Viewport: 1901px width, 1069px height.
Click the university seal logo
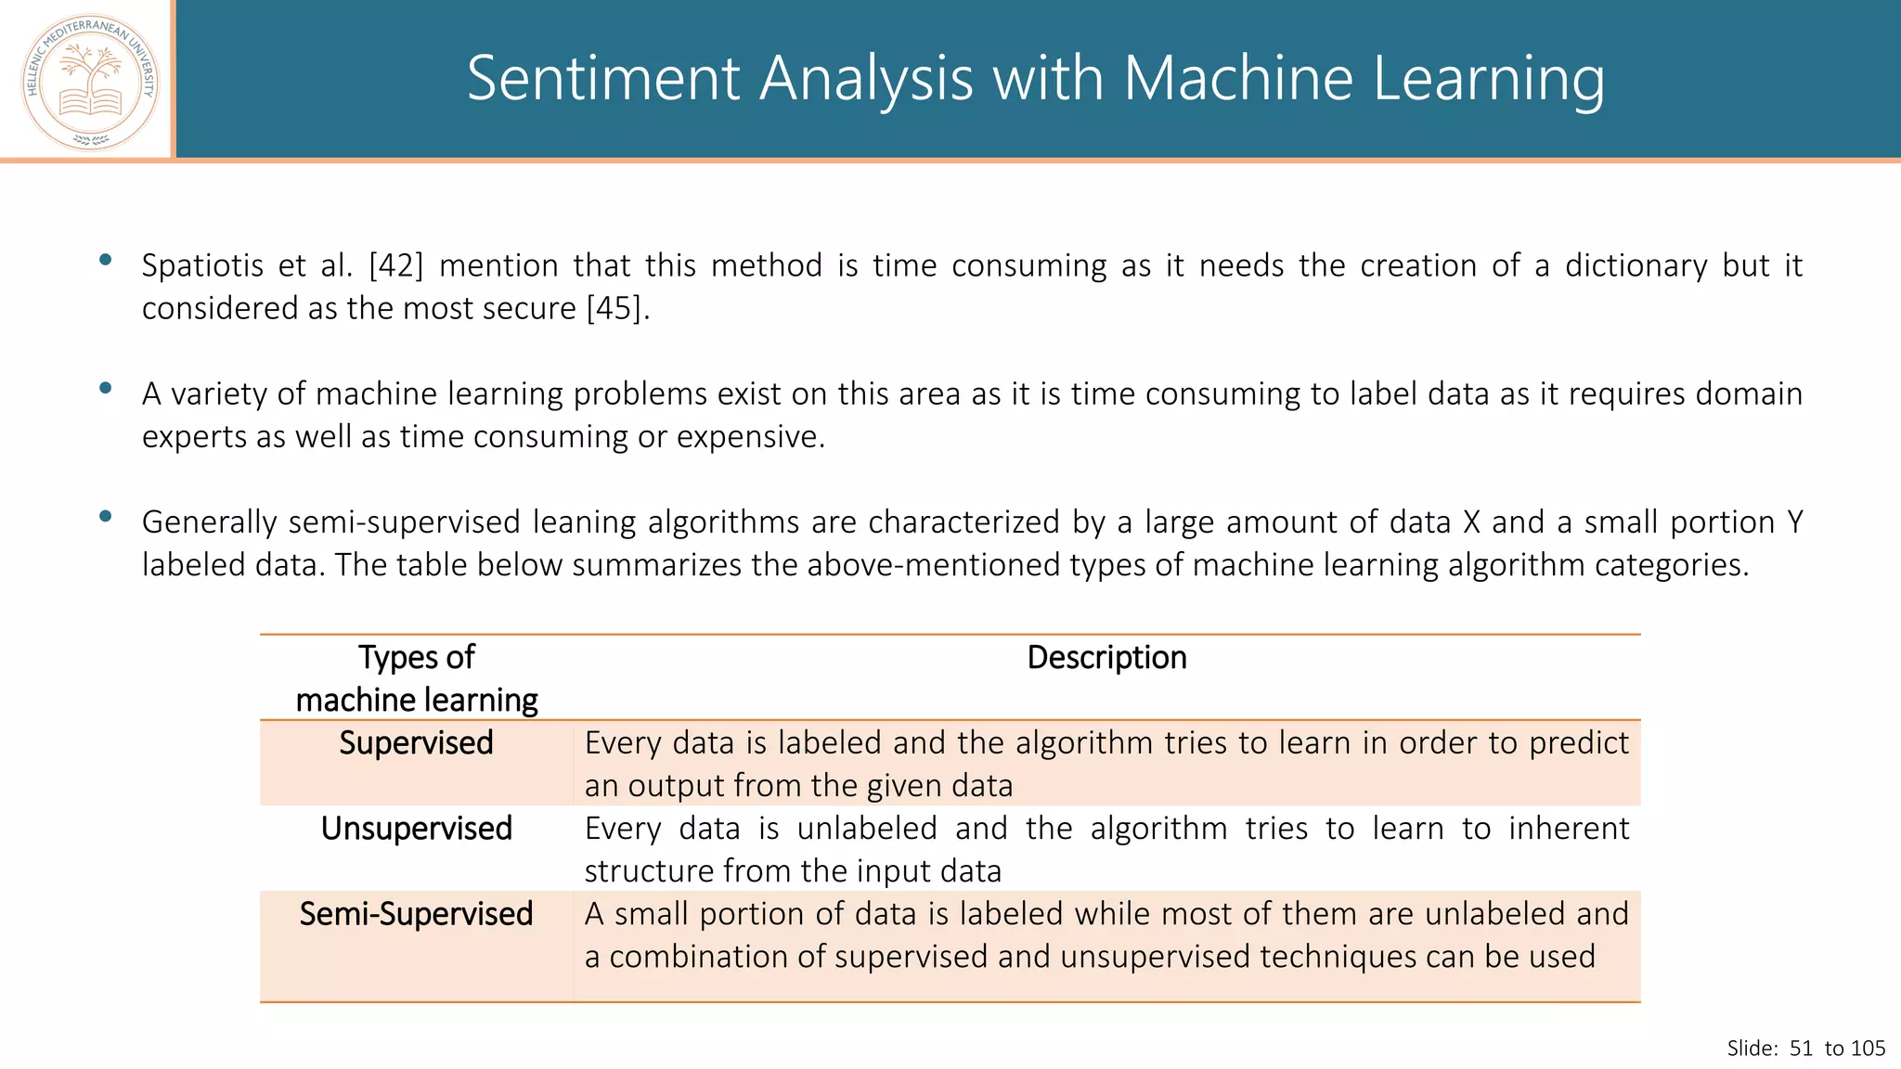point(90,82)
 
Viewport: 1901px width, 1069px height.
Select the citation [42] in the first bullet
point(395,266)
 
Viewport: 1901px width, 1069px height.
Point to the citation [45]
point(614,308)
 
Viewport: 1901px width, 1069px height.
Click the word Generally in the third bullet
point(209,522)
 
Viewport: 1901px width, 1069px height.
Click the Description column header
point(1106,658)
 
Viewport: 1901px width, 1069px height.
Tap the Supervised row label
point(416,743)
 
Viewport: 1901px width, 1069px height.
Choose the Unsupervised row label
point(416,829)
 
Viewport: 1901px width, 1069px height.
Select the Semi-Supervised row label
point(416,914)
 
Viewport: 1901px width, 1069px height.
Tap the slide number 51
point(1801,1049)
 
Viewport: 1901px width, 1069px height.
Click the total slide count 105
point(1868,1049)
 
